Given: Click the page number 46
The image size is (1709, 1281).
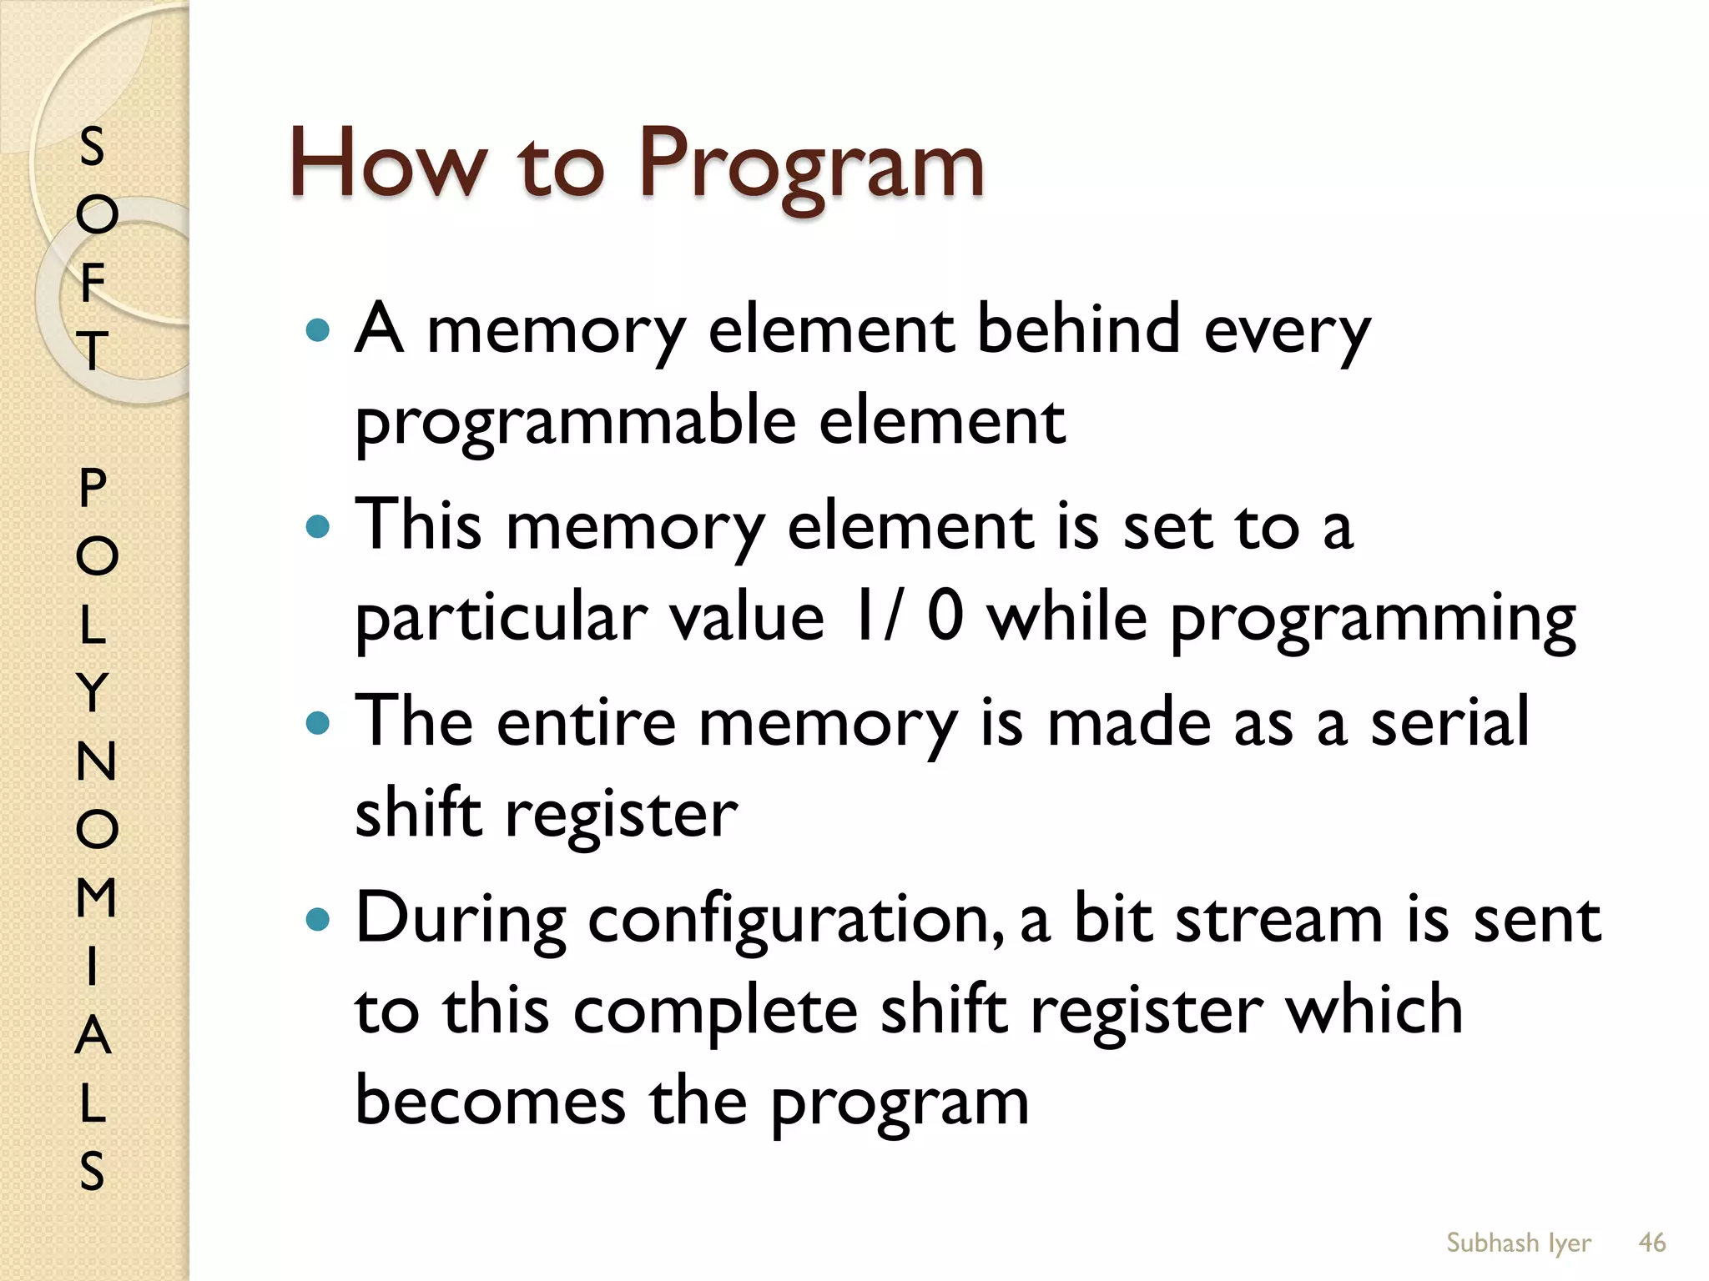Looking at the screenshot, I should coord(1651,1243).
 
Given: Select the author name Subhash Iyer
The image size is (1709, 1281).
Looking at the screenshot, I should coord(1518,1243).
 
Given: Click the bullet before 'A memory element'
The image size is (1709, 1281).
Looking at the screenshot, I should coord(318,331).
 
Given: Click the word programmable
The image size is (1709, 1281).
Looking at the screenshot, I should coord(576,422).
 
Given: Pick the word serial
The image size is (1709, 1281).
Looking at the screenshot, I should coord(1450,722).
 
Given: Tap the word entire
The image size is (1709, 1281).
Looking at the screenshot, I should coord(586,722).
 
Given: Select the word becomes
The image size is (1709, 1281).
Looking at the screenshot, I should coord(491,1101).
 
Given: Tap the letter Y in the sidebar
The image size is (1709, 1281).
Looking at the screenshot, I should coord(93,692).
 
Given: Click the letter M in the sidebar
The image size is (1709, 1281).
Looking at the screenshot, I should coord(96,897).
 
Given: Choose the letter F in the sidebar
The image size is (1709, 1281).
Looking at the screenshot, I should coord(93,282).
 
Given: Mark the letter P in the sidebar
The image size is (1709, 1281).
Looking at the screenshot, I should coord(93,487).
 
